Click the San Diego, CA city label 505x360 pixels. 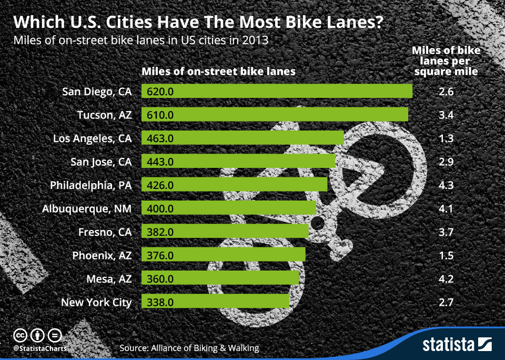coord(97,92)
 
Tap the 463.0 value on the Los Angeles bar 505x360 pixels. coord(161,138)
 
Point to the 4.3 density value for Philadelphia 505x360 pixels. coord(446,185)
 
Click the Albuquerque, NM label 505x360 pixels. coord(87,208)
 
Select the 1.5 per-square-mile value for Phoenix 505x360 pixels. coord(446,255)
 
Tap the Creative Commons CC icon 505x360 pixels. coord(20,335)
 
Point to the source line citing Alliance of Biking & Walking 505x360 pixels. coord(189,348)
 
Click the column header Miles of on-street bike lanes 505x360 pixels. coord(219,71)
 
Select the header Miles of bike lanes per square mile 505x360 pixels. coord(446,61)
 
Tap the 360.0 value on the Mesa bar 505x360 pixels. coord(161,279)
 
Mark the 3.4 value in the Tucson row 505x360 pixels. coord(446,115)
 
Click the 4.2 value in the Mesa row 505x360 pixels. coord(446,279)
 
